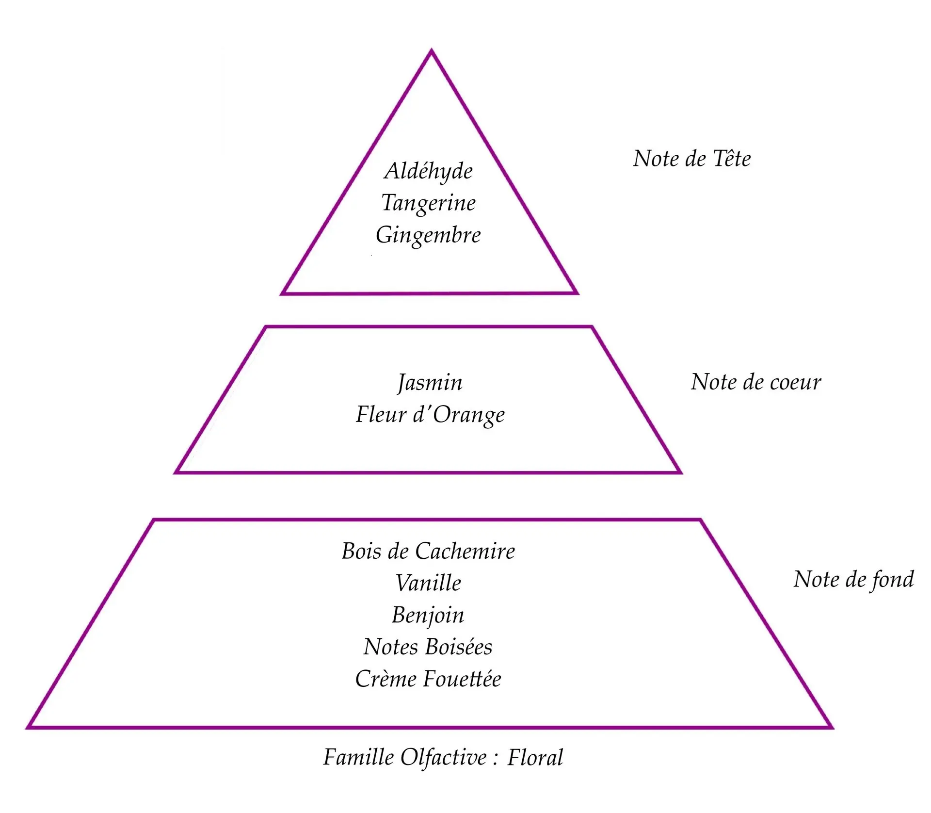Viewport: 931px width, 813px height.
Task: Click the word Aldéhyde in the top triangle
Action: (x=428, y=171)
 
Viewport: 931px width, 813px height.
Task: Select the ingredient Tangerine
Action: (x=428, y=203)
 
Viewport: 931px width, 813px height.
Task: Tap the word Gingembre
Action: (x=428, y=235)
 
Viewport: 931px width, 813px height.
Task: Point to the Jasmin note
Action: (x=430, y=383)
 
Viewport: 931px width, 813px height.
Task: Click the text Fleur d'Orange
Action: (x=430, y=415)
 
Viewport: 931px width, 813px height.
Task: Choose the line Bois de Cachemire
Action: (x=428, y=551)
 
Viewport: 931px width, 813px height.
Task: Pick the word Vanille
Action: (x=428, y=583)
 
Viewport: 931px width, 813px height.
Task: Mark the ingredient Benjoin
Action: (x=428, y=615)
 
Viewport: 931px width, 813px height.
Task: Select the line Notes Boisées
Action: (x=428, y=647)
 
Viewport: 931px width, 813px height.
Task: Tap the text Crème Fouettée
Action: (x=428, y=679)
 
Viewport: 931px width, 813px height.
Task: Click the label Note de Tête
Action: (x=692, y=159)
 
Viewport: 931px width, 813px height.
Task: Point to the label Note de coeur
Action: (x=756, y=382)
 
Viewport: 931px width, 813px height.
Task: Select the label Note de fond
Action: (x=853, y=580)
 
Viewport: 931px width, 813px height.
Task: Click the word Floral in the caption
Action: (x=535, y=758)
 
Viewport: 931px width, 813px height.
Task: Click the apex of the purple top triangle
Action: (x=431, y=51)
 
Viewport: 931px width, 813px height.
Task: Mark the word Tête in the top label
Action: (x=732, y=159)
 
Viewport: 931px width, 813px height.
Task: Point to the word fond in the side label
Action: (x=892, y=580)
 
